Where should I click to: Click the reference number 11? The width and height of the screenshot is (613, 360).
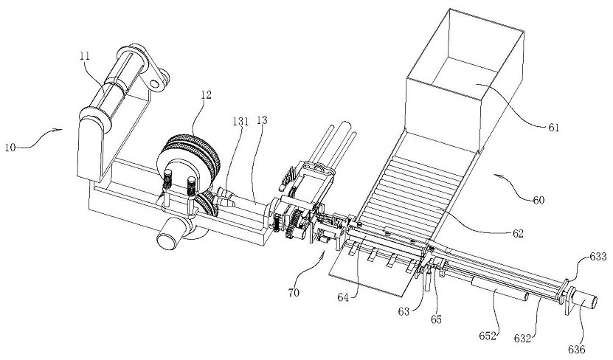point(84,56)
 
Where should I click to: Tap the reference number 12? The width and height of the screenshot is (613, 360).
point(206,94)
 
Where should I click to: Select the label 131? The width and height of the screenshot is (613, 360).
point(240,122)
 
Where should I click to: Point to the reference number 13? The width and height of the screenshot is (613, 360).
point(263,120)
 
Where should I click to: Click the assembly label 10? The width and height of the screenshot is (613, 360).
point(10,148)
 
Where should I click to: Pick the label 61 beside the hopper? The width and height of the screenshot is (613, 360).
point(553,128)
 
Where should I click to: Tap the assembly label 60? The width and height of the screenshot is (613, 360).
point(538,200)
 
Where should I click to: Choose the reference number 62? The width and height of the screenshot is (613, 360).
point(518,234)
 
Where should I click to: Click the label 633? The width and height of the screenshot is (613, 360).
point(598,257)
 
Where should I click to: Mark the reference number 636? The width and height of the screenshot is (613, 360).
point(577,350)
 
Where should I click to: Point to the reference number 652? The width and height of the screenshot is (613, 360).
point(488,336)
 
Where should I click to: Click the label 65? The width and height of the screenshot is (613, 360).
point(436,319)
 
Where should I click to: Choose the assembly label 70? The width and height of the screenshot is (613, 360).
point(294,292)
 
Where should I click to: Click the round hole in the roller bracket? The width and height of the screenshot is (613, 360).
point(154,83)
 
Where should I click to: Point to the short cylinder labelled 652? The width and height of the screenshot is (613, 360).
point(500,289)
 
